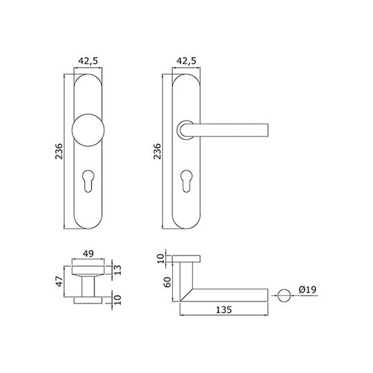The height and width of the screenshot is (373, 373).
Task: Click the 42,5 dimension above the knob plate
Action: [x=88, y=61]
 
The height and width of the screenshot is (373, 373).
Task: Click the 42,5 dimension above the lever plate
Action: [x=186, y=61]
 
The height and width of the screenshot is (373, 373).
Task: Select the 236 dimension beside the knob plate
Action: [x=59, y=151]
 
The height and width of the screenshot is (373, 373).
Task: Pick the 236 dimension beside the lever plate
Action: [x=157, y=151]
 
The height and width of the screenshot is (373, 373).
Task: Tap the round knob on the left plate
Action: [x=88, y=130]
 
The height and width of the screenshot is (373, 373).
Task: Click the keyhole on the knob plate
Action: [x=88, y=181]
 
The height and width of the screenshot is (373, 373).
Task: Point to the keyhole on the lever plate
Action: [x=186, y=181]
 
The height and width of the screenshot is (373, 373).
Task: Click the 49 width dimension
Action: [x=88, y=253]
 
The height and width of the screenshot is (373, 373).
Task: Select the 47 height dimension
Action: [x=59, y=282]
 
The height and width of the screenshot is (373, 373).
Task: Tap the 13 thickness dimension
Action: [x=118, y=270]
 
